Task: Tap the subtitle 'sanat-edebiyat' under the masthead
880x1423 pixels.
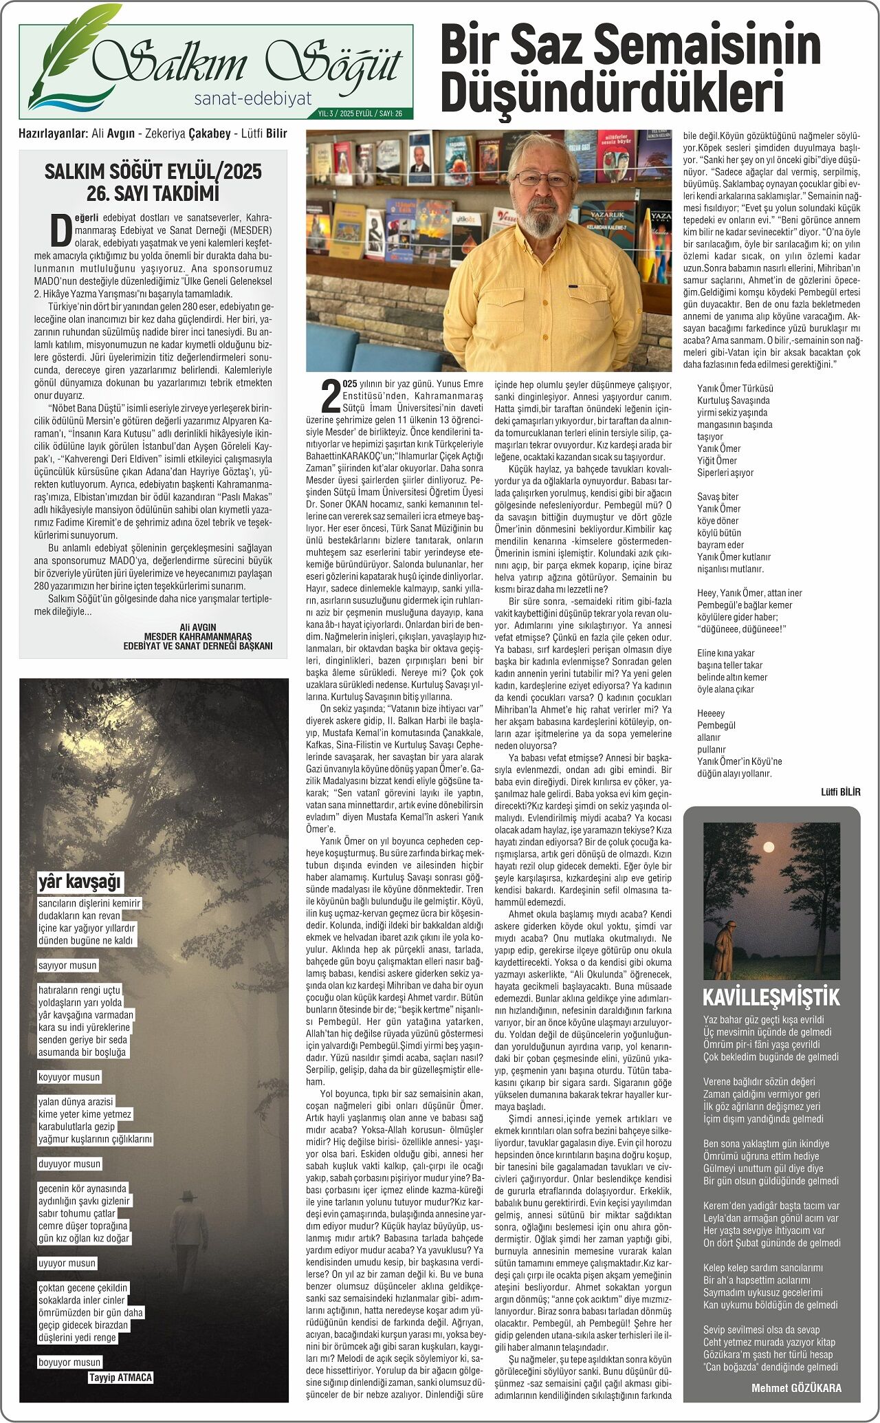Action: pyautogui.click(x=252, y=99)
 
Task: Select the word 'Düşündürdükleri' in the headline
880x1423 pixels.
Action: pyautogui.click(x=612, y=91)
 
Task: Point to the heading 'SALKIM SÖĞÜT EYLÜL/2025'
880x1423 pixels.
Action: pyautogui.click(x=153, y=171)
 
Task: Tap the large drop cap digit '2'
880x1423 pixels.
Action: pyautogui.click(x=331, y=397)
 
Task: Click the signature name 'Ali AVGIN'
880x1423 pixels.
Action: pyautogui.click(x=197, y=627)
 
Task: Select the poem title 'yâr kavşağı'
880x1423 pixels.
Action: pyautogui.click(x=80, y=881)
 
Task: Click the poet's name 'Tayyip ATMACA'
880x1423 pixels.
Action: pyautogui.click(x=120, y=1377)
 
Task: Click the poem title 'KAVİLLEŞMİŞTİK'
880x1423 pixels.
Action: pyautogui.click(x=771, y=997)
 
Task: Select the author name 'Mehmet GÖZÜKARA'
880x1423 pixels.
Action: pyautogui.click(x=796, y=1388)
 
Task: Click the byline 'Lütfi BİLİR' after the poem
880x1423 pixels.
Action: pyautogui.click(x=840, y=792)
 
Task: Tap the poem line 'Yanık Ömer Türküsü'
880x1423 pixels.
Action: pyautogui.click(x=735, y=389)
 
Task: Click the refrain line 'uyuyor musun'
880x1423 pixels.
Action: pyautogui.click(x=67, y=1263)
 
